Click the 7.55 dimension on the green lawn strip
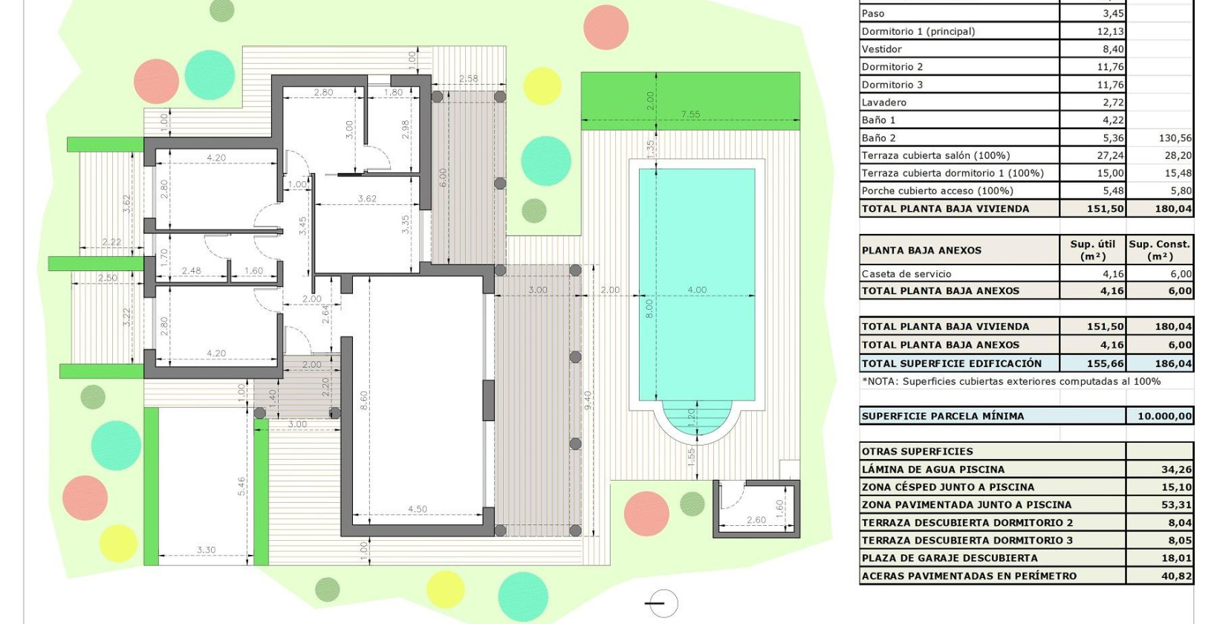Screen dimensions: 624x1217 click(690, 114)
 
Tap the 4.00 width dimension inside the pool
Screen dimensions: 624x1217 click(697, 290)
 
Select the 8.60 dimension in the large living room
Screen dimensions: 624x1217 click(364, 400)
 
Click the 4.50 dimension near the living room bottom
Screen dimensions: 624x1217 click(418, 509)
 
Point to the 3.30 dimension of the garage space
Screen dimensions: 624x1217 click(207, 550)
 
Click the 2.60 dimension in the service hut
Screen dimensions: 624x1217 click(756, 520)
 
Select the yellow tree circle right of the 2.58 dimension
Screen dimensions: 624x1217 click(542, 86)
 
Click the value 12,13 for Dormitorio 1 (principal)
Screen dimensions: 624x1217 click(1110, 31)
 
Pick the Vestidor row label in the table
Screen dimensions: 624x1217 click(882, 49)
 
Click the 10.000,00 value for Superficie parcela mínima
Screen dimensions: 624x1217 click(1164, 416)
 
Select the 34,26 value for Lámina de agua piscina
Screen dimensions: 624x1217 click(1176, 469)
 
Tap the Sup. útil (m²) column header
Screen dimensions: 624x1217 click(1092, 250)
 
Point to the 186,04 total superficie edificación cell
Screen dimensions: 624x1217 click(1174, 364)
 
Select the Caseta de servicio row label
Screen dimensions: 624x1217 click(906, 273)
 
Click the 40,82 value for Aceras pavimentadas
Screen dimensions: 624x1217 click(1176, 576)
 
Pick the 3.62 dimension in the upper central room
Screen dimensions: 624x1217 click(367, 198)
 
